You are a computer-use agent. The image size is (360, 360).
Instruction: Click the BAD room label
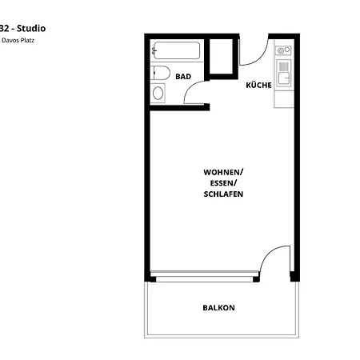coord(183,77)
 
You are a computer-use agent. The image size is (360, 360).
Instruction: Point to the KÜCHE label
coord(258,85)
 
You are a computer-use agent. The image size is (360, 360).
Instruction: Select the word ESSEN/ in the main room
coord(223,183)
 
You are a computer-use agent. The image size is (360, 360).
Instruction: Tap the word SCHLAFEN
coord(223,194)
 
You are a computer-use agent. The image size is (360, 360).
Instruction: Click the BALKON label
coord(218,307)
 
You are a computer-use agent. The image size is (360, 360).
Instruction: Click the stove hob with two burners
coord(283,51)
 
